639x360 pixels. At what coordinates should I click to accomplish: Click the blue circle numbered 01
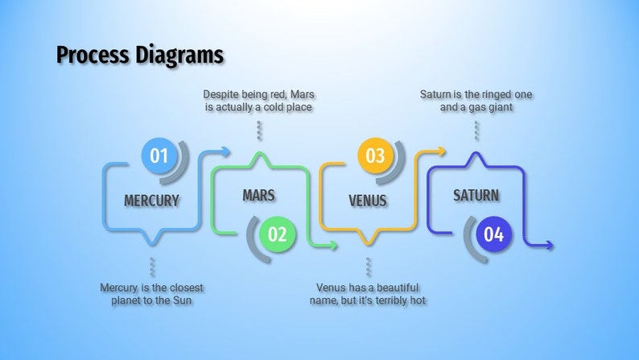click(159, 155)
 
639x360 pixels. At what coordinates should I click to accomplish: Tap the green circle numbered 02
click(277, 234)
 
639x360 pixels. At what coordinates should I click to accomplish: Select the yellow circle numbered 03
click(375, 155)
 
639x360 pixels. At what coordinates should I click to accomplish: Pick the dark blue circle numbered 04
click(493, 234)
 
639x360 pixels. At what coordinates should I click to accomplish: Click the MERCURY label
click(151, 201)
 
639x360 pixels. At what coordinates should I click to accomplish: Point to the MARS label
click(258, 196)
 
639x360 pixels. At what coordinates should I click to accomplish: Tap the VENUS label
click(367, 201)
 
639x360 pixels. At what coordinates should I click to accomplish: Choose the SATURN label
click(476, 196)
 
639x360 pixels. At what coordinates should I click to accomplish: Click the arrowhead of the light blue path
click(227, 151)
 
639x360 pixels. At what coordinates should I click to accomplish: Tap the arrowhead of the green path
click(335, 246)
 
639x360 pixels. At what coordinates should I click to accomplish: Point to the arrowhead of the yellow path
click(441, 151)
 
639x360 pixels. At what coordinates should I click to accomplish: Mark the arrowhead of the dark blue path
click(550, 246)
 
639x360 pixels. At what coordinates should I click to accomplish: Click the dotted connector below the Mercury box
click(151, 267)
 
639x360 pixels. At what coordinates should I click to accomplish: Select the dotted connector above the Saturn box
click(476, 130)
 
